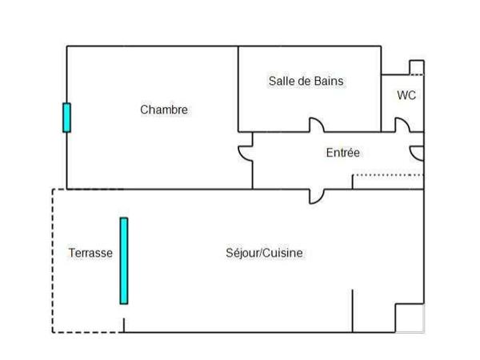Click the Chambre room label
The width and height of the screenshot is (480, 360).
(164, 110)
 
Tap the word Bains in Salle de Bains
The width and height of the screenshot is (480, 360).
(328, 81)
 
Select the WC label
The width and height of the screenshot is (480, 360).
(406, 95)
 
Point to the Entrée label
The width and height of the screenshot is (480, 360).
(342, 153)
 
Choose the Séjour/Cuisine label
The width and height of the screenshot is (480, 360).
(264, 253)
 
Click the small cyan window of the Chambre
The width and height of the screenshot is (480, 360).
(66, 118)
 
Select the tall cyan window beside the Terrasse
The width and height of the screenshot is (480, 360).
(124, 261)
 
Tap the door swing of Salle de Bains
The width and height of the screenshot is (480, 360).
(317, 125)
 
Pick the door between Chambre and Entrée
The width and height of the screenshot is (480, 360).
(245, 154)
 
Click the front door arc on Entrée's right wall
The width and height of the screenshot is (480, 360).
(416, 153)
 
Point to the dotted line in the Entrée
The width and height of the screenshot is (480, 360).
(388, 174)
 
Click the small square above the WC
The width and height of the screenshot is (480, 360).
(416, 66)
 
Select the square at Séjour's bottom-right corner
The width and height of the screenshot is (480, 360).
(410, 318)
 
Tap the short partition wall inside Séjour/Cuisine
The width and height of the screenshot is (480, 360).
(352, 311)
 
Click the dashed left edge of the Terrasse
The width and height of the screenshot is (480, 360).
(53, 260)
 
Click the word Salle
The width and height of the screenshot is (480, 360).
(282, 81)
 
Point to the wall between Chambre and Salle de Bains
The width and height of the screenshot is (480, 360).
(238, 88)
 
